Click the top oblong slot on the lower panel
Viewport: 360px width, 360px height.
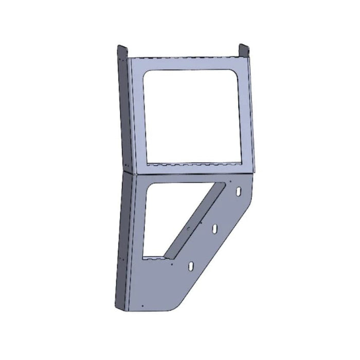point(240,191)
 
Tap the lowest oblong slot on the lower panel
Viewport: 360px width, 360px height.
point(191,266)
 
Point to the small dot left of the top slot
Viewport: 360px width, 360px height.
point(231,183)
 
